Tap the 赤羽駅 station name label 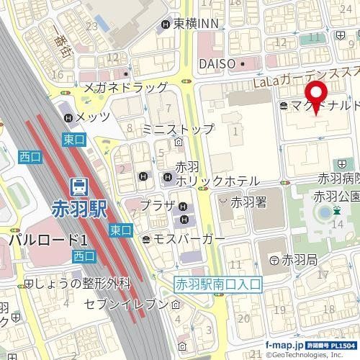click(x=80, y=208)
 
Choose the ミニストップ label click(x=178, y=130)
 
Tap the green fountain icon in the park click(x=336, y=211)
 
